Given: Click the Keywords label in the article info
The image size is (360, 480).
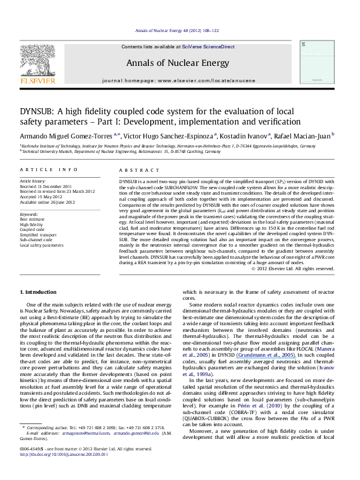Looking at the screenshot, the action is point(29,215).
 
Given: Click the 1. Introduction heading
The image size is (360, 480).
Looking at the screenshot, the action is point(40,292).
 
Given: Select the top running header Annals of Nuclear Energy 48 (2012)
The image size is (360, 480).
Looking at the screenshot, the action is point(180,30).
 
